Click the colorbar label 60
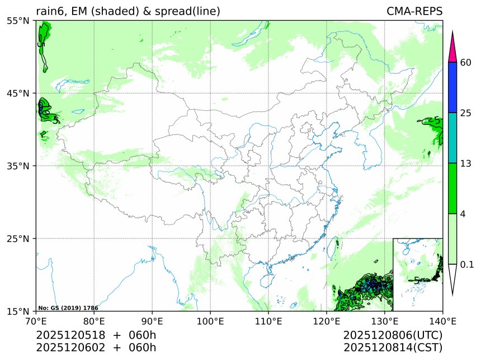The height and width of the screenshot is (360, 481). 465,62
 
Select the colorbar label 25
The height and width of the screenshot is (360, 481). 465,113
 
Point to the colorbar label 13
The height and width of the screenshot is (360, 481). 465,163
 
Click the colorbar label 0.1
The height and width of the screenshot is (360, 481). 467,264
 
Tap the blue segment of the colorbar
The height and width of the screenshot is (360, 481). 454,87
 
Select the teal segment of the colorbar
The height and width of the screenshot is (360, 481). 454,138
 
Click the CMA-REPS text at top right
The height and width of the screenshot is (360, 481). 414,12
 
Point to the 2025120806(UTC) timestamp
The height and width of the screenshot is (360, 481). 393,335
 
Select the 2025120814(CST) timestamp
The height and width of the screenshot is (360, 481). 393,348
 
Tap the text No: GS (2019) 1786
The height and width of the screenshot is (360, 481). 68,308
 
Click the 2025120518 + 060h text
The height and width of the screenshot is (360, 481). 96,335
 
